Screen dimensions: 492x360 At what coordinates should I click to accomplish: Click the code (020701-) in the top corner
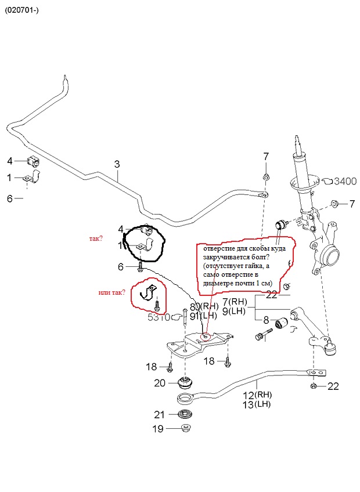pyautogui.click(x=23, y=10)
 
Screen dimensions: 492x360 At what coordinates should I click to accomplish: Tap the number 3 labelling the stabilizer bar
pyautogui.click(x=117, y=164)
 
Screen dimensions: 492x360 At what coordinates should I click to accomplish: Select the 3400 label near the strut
pyautogui.click(x=344, y=182)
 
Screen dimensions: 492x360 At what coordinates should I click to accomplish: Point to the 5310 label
pyautogui.click(x=158, y=317)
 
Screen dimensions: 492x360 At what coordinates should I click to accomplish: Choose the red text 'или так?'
pyautogui.click(x=111, y=292)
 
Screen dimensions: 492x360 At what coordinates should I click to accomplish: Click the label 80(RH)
pyautogui.click(x=204, y=306)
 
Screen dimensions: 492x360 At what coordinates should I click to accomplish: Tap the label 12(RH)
pyautogui.click(x=257, y=395)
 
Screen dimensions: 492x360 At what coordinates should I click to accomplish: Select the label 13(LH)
pyautogui.click(x=257, y=404)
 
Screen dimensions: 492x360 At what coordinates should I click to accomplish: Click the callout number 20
pyautogui.click(x=160, y=383)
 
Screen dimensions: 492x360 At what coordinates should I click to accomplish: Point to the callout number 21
pyautogui.click(x=160, y=414)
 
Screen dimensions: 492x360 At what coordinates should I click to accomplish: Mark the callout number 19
pyautogui.click(x=158, y=429)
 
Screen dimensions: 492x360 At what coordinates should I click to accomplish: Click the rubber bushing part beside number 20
pyautogui.click(x=185, y=383)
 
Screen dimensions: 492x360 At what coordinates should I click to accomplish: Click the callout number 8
pyautogui.click(x=266, y=320)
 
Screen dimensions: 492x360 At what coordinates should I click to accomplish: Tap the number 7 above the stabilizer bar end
pyautogui.click(x=266, y=156)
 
